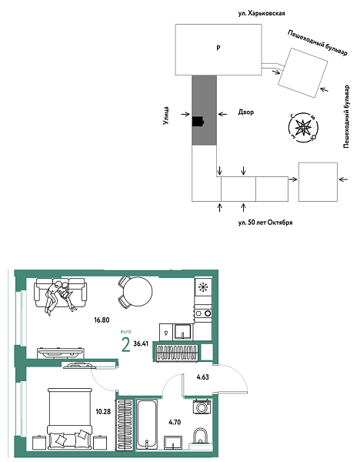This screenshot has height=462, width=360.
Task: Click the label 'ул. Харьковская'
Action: point(267,13)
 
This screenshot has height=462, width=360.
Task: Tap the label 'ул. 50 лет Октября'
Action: point(266,223)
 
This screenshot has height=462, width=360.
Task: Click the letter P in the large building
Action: point(218,49)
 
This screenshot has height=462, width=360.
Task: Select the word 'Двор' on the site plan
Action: point(245,112)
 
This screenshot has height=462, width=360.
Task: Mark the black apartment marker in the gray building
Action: point(198,120)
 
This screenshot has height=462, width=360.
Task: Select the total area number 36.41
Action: point(142,344)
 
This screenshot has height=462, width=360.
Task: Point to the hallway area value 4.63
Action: point(203,377)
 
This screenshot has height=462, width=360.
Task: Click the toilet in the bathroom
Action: point(200,438)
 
